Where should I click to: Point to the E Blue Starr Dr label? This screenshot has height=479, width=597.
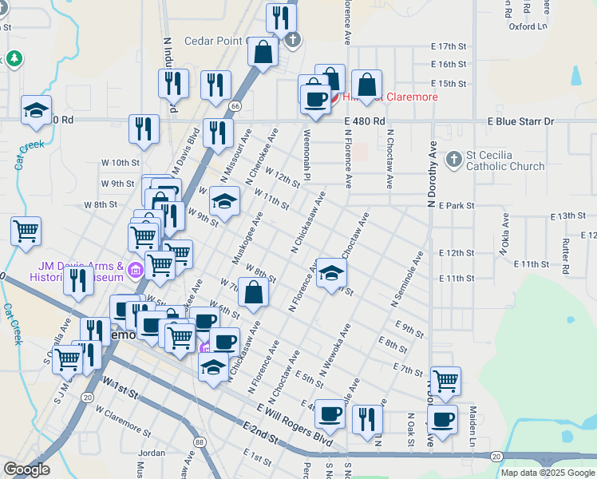(520, 121)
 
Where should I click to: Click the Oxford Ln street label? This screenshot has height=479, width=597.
(528, 26)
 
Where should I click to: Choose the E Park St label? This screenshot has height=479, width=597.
(456, 205)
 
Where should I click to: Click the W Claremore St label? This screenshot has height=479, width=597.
(124, 421)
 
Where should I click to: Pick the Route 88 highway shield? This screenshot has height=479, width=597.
(199, 441)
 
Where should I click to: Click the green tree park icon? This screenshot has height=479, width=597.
(14, 59)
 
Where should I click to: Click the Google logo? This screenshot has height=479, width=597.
(26, 469)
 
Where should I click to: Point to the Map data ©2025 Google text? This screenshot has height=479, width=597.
(547, 473)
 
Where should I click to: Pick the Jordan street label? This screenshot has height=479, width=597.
(151, 453)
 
